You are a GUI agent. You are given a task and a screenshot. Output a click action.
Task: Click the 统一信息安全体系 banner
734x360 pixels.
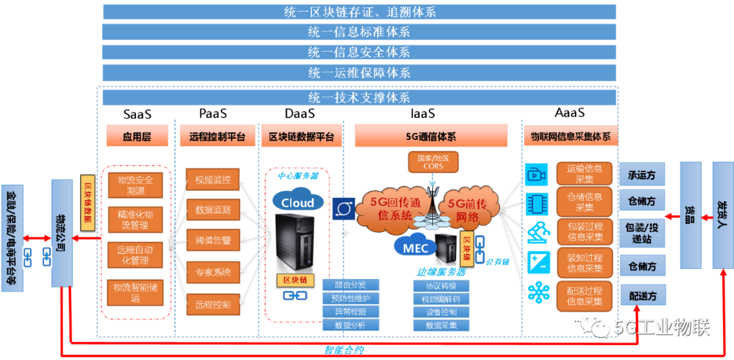tap(359, 52)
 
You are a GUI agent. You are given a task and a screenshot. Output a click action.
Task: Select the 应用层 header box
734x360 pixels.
tap(137, 136)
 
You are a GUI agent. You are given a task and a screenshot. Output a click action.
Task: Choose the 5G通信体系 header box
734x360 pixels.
tap(432, 136)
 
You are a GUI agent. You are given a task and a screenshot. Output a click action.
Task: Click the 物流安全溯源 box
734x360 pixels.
tap(135, 185)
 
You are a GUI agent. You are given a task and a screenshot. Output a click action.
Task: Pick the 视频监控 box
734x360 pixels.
tap(213, 180)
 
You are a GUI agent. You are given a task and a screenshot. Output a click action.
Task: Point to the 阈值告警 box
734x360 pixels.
tap(213, 239)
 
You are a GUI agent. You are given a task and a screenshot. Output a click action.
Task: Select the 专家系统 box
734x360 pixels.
tap(213, 272)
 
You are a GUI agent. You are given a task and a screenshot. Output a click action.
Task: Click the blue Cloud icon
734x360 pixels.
tap(298, 201)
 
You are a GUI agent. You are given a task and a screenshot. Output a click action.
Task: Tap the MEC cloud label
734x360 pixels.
tap(415, 247)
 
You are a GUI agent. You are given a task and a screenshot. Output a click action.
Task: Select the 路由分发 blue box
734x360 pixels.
tap(351, 285)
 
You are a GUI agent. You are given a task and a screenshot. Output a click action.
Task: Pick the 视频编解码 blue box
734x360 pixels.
tap(441, 299)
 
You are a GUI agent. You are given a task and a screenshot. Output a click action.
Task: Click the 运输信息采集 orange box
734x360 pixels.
tap(584, 173)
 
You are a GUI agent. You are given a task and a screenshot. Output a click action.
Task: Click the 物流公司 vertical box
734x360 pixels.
tap(62, 233)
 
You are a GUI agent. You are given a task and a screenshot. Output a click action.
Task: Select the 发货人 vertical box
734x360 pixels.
tap(722, 215)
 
